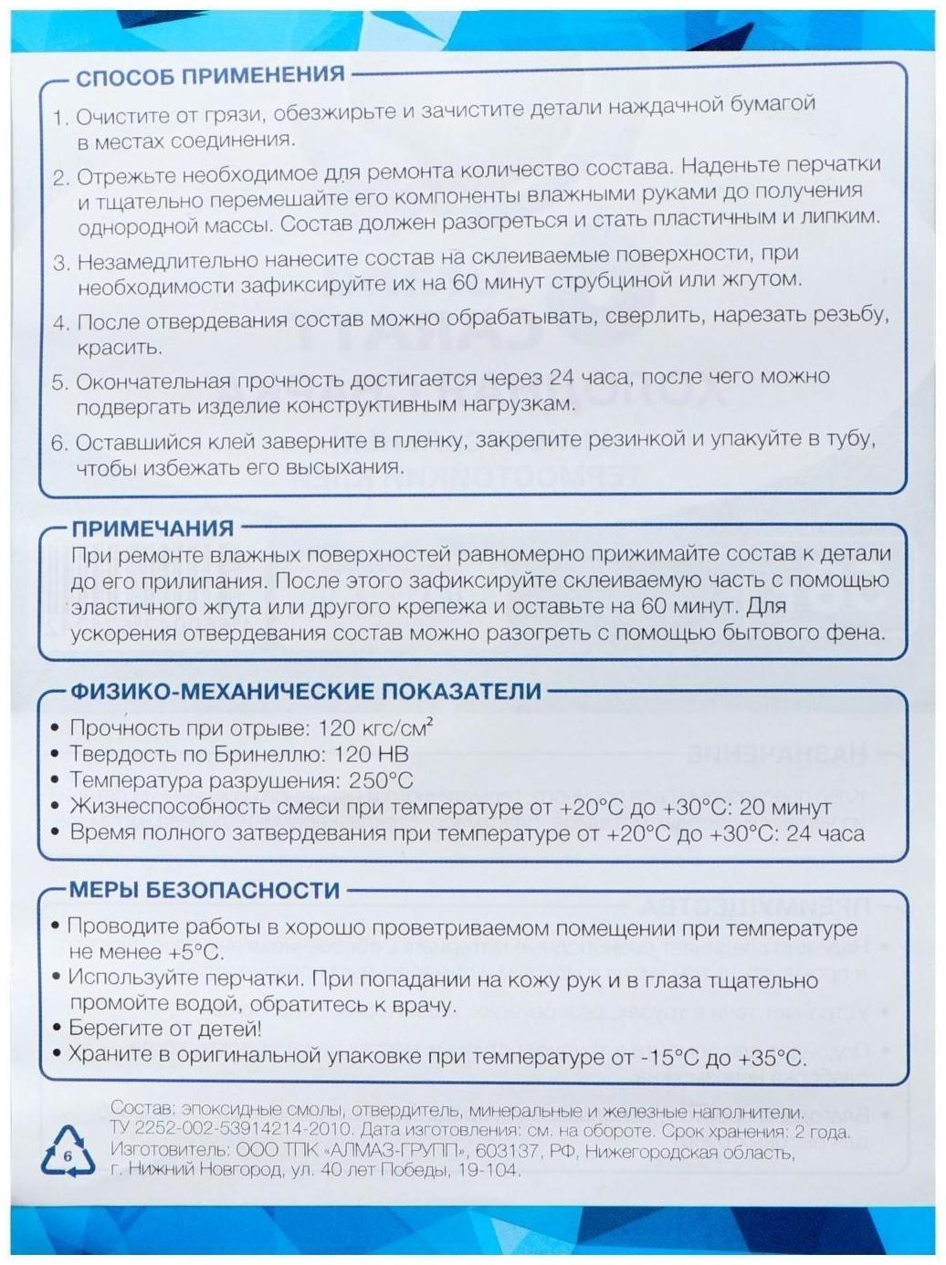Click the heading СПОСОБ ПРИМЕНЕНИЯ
pyautogui.click(x=209, y=76)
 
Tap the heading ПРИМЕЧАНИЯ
pyautogui.click(x=152, y=528)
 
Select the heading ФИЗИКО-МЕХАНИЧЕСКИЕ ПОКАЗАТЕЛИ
pyautogui.click(x=306, y=691)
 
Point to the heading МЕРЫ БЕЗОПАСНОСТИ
pyautogui.click(x=205, y=890)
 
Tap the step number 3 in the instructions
pyautogui.click(x=60, y=264)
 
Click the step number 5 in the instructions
pyautogui.click(x=59, y=382)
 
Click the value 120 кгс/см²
pyautogui.click(x=375, y=728)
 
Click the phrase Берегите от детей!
pyautogui.click(x=165, y=1030)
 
